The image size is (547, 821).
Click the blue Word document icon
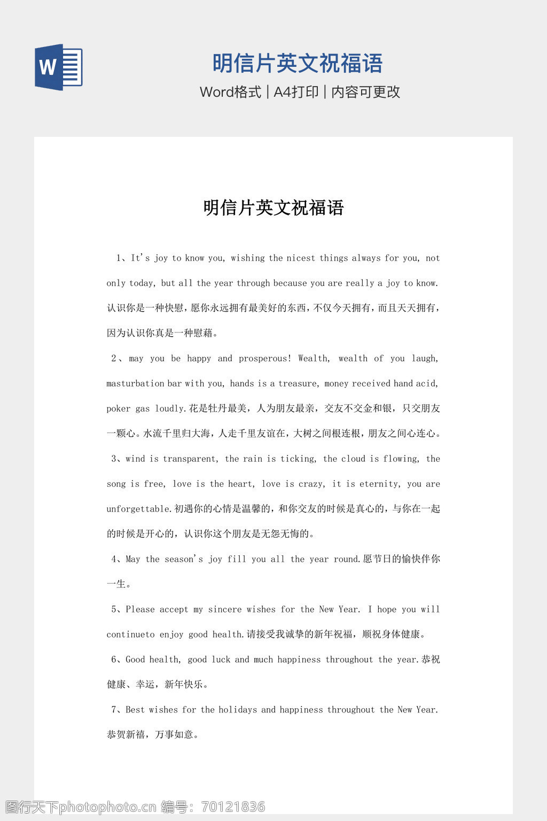(59, 67)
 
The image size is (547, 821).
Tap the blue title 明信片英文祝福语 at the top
(298, 63)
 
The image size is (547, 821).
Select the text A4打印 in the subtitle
(296, 92)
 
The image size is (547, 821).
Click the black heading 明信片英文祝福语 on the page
(273, 207)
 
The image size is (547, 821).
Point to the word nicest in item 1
(301, 258)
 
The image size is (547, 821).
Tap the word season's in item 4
(184, 560)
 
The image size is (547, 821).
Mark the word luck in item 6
(221, 660)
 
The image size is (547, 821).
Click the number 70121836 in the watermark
(233, 807)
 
